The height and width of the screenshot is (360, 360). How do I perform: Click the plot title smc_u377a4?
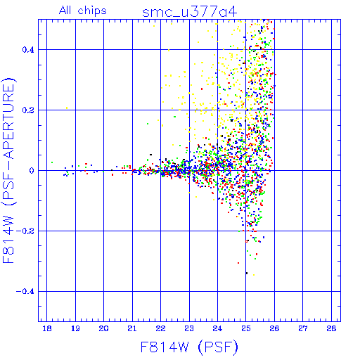point(189,12)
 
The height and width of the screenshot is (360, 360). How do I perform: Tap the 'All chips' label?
point(83,11)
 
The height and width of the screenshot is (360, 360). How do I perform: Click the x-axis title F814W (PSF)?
point(189,347)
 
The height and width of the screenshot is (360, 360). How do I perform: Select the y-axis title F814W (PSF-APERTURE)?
point(8,170)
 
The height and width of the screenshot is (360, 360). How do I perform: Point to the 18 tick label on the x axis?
point(47,328)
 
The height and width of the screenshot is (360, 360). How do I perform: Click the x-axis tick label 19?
point(75,328)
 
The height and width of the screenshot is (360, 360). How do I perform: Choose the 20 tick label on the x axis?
point(103,328)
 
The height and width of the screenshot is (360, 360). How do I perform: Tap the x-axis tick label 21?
point(132,328)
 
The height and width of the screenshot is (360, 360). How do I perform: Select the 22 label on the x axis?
point(161,328)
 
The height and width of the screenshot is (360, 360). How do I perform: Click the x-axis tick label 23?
point(189,328)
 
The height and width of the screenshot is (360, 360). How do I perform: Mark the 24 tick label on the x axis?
point(217,328)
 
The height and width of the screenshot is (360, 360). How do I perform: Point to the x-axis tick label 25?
point(246,328)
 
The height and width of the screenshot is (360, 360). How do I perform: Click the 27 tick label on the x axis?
point(303,328)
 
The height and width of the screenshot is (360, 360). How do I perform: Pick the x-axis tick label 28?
point(331,328)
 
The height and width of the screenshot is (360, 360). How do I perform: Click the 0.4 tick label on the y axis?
point(28,50)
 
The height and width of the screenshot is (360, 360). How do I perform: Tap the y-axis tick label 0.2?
point(28,110)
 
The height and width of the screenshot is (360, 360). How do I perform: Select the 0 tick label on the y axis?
point(32,171)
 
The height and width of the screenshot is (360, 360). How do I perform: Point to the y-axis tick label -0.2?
point(25,231)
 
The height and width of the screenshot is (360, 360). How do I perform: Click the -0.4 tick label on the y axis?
point(25,292)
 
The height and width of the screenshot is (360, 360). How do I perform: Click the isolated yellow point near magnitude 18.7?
point(67,108)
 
